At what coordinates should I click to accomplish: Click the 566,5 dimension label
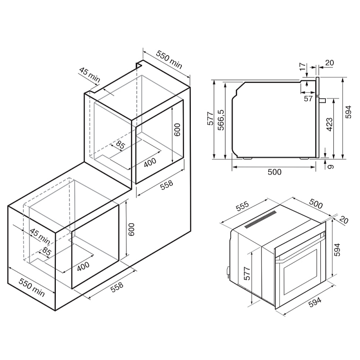[x=220, y=119]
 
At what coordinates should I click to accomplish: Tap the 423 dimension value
[x=329, y=124]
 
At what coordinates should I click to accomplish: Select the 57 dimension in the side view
[x=308, y=99]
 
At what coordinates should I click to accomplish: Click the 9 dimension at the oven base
[x=332, y=166]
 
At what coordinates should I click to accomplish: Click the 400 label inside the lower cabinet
[x=83, y=266]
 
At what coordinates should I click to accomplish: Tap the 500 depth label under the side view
[x=274, y=172]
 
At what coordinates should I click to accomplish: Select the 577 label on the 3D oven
[x=247, y=272]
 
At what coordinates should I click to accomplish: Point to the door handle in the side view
[x=322, y=99]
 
